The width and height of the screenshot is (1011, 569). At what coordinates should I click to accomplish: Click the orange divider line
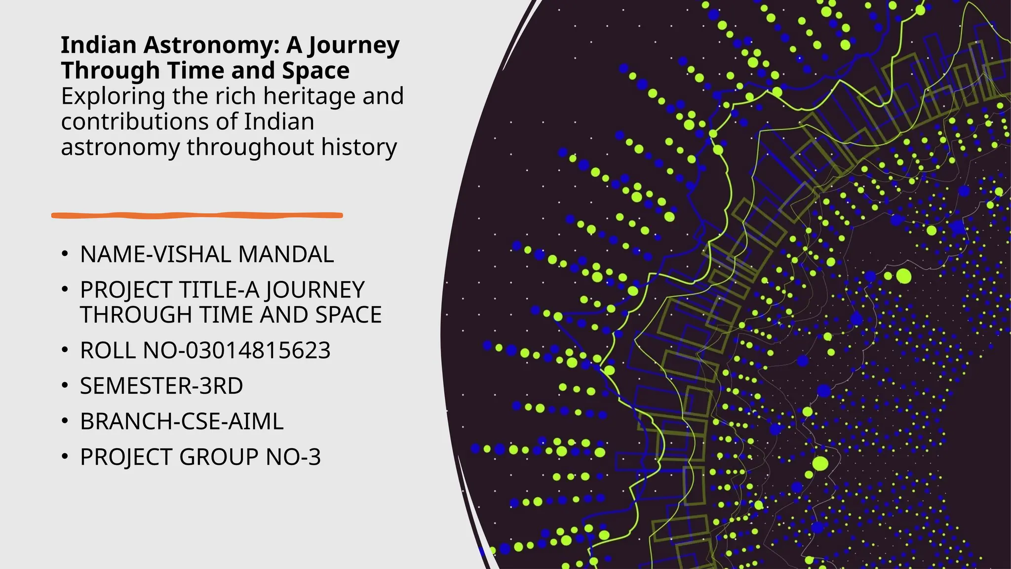[197, 215]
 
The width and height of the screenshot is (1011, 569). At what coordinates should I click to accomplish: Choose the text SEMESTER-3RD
[161, 386]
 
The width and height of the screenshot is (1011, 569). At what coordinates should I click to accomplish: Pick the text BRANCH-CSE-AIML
[182, 421]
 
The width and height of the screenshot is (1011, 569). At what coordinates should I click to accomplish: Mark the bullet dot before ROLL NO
[65, 350]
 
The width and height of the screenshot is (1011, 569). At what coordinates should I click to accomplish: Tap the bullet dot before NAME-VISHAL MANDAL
[65, 254]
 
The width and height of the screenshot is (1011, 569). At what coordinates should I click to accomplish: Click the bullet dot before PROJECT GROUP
[65, 457]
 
